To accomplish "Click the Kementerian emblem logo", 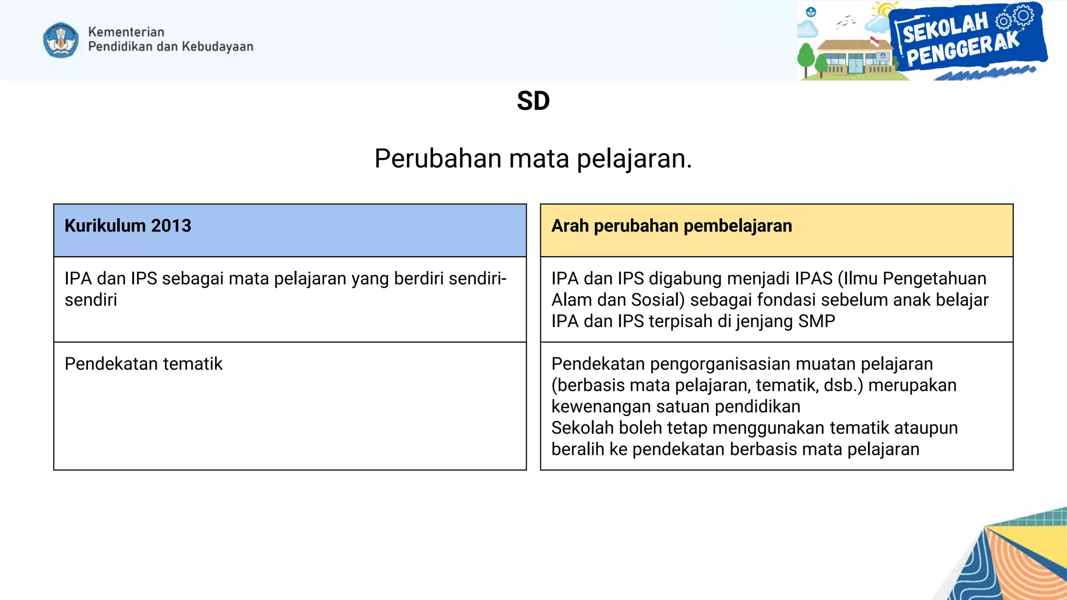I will (x=61, y=40).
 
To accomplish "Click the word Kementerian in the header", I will (x=126, y=32).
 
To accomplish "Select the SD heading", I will (x=533, y=101).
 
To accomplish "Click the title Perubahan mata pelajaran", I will (x=533, y=158).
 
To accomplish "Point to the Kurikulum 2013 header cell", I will (x=290, y=230).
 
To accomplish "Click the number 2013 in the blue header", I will (x=171, y=226).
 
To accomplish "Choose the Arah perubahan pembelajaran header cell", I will (x=776, y=230).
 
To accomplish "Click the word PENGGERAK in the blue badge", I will (x=963, y=50).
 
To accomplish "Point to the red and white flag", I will (x=875, y=41).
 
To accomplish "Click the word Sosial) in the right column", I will (x=657, y=300).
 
